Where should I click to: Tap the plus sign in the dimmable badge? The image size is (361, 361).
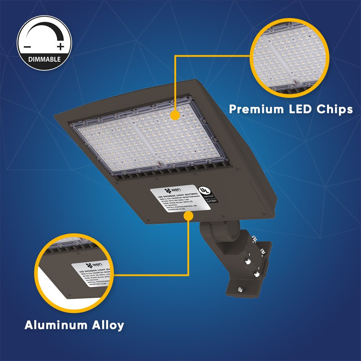coord(60,46)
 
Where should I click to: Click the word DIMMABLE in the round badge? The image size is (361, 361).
coord(44,59)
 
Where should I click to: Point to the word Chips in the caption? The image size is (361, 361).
coord(332,109)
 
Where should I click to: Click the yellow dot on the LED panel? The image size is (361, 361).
coord(175,116)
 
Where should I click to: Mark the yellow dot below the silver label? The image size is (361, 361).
coord(188,216)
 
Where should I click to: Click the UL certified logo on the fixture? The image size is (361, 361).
coord(205,190)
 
